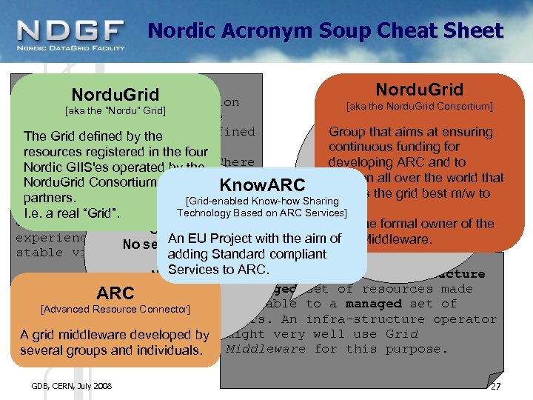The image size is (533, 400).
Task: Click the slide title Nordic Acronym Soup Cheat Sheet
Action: pyautogui.click(x=326, y=30)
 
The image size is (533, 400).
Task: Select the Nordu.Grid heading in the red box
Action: pyautogui.click(x=419, y=90)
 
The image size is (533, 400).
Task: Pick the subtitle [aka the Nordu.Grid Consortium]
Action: pyautogui.click(x=420, y=106)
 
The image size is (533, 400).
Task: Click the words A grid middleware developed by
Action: pyautogui.click(x=115, y=335)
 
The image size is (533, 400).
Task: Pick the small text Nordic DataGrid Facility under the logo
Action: pyautogui.click(x=70, y=49)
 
